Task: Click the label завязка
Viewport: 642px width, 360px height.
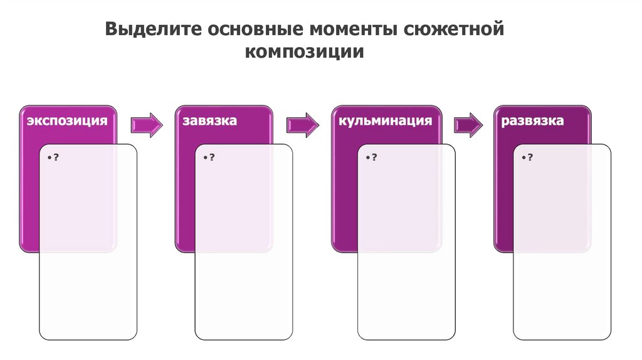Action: coord(210,120)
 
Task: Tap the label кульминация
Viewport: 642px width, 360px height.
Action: coord(386,120)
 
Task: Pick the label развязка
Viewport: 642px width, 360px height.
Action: coord(533,120)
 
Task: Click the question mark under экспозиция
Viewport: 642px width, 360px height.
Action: coord(56,157)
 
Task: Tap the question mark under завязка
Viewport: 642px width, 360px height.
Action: coord(212,157)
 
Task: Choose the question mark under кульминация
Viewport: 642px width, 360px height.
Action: coord(374,157)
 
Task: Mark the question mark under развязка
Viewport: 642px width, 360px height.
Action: coord(530,157)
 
